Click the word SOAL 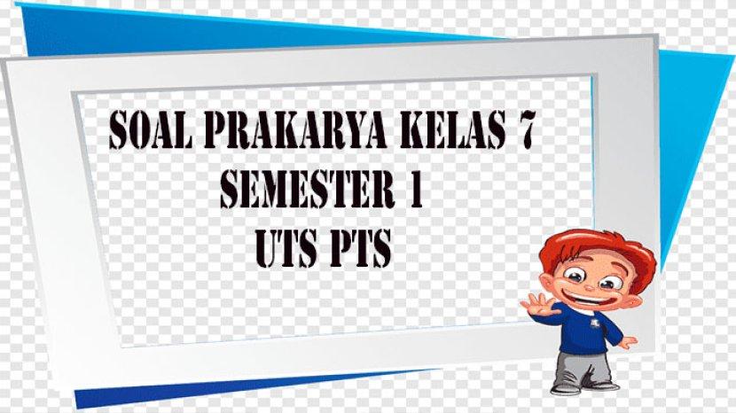(149, 129)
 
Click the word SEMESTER (307, 188)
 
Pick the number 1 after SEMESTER (415, 188)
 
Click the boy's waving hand (539, 305)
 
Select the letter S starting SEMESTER (229, 188)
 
